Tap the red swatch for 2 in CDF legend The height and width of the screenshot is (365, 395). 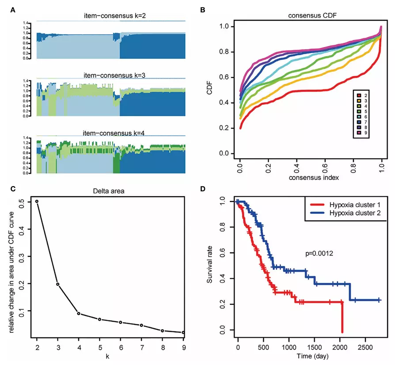tap(360, 95)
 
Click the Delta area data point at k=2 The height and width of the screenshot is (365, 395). tap(37, 202)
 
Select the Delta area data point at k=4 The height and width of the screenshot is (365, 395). tap(78, 314)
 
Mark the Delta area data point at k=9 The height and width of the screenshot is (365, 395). tap(183, 332)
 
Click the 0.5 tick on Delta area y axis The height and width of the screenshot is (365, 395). tap(28, 202)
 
